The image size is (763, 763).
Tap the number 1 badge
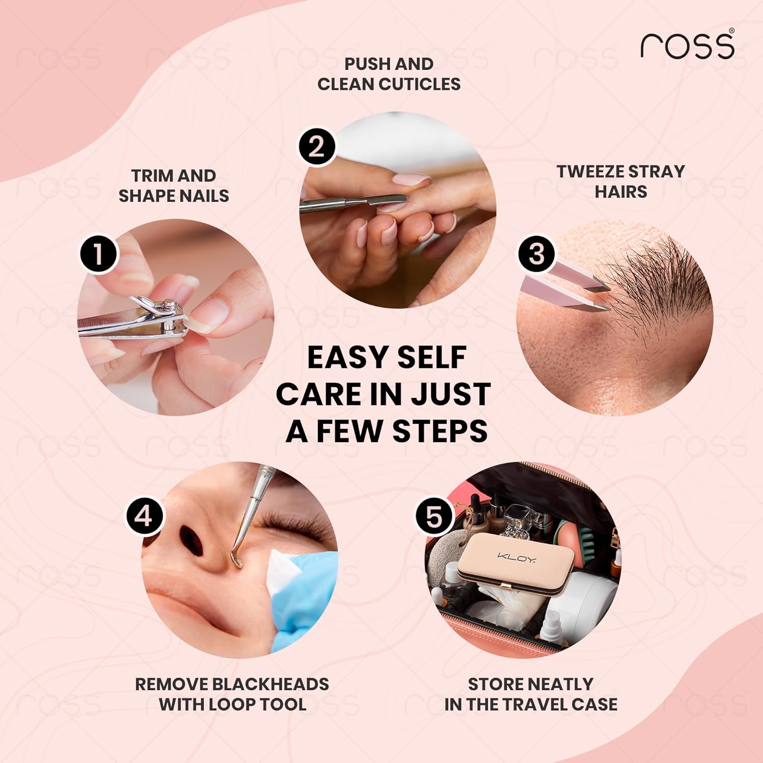(x=99, y=254)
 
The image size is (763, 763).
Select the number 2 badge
(x=316, y=147)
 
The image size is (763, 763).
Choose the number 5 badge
(x=434, y=517)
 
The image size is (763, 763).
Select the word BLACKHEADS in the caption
(x=271, y=684)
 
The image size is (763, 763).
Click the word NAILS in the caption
(x=204, y=196)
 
